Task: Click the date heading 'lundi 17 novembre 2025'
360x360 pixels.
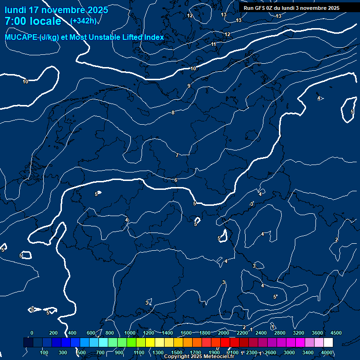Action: (x=56, y=10)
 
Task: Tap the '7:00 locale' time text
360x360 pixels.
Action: (x=33, y=21)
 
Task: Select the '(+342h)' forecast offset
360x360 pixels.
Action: (x=83, y=21)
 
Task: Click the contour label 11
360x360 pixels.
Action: (x=214, y=44)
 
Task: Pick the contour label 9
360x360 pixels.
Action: (x=189, y=86)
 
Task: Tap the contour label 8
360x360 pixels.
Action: (x=173, y=112)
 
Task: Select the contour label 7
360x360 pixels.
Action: (x=177, y=155)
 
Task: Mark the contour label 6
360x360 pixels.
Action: (x=176, y=180)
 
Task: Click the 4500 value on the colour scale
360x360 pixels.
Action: (x=336, y=333)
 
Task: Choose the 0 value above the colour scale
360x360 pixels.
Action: (x=32, y=333)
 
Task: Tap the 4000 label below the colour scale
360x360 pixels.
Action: (x=327, y=352)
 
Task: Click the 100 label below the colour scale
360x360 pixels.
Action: (x=45, y=352)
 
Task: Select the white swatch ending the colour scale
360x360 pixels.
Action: (x=328, y=343)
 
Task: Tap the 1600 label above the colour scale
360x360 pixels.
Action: (x=186, y=333)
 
